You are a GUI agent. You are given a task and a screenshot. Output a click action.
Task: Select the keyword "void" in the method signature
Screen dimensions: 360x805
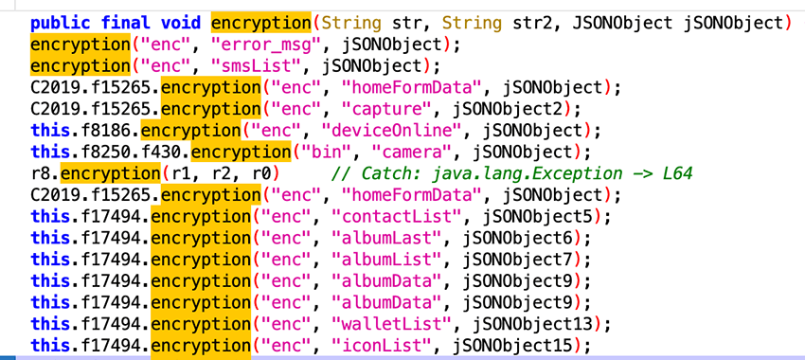[x=183, y=21]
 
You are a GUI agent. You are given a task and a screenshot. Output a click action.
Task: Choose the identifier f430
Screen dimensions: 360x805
[x=155, y=152]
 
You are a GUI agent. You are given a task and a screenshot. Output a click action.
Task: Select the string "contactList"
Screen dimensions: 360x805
[x=387, y=217]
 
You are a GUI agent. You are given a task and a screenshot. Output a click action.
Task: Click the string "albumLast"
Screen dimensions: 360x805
[x=377, y=238]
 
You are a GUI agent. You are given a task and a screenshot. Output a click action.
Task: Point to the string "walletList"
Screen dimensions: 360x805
[x=382, y=324]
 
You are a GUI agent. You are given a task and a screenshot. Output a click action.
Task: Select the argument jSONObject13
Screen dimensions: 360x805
[x=526, y=324]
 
